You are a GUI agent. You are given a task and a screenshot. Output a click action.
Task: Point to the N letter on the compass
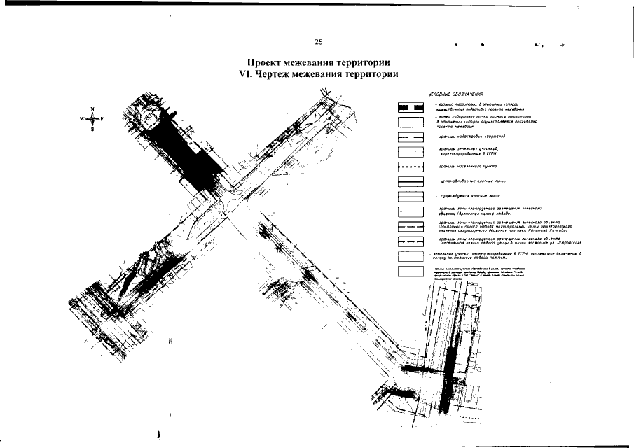coord(92,108)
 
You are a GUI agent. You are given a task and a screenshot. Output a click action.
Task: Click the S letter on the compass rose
coord(92,129)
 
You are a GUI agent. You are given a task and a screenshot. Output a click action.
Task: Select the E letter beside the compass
coord(102,119)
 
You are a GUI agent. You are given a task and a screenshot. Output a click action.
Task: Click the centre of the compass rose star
coord(92,119)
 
